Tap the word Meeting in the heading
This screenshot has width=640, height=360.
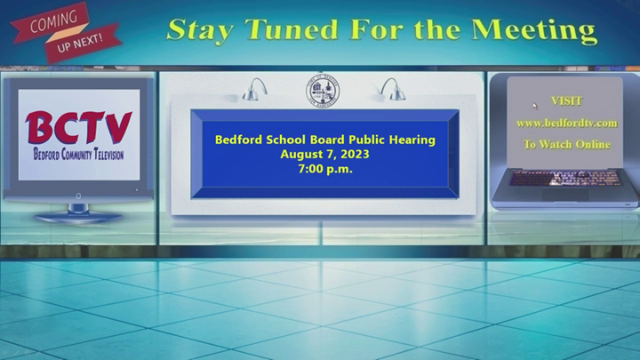[534, 30]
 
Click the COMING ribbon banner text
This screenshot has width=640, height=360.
[53, 21]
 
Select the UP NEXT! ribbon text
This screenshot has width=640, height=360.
[80, 43]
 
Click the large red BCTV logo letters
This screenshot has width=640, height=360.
[78, 127]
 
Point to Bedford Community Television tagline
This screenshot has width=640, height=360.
[78, 155]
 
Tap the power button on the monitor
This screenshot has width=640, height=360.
[78, 196]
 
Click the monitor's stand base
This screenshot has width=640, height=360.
[78, 217]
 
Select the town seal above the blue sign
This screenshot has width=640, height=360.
[323, 91]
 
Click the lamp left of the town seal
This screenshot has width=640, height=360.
[255, 90]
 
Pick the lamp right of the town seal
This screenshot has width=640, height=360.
[393, 90]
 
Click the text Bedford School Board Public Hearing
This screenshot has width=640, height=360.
[325, 140]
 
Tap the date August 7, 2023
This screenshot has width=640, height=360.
[325, 155]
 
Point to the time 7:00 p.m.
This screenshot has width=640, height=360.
[325, 169]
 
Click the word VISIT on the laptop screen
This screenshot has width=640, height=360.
[566, 100]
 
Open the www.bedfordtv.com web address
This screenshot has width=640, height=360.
[566, 123]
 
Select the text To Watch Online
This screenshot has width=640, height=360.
[566, 145]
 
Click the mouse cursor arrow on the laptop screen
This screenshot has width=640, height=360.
[535, 106]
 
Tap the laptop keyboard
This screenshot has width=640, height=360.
[565, 179]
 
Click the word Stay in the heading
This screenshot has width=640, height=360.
[200, 30]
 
